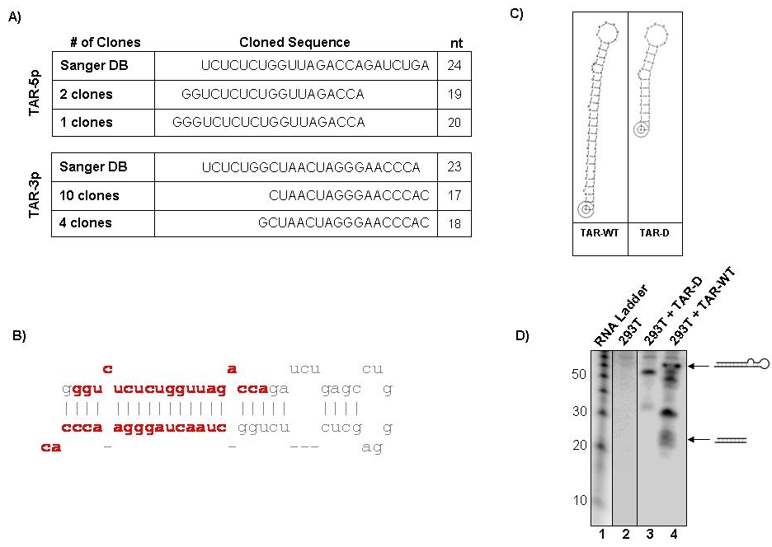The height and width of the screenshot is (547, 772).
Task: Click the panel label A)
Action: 15,17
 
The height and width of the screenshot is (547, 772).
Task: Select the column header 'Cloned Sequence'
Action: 294,42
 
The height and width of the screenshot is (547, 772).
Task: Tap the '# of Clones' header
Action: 106,42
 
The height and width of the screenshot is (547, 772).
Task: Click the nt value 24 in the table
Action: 454,65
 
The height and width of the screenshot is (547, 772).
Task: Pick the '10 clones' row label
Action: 89,196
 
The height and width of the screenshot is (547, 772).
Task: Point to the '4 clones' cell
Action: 86,222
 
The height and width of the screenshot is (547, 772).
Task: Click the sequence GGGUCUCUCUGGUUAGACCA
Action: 268,123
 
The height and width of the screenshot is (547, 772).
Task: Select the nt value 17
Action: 454,196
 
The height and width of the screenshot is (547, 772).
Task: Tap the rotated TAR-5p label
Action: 35,93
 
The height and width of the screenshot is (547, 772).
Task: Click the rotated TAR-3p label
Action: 35,194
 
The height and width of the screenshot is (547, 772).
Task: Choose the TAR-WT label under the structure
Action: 599,233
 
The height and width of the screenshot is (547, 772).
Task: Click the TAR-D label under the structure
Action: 654,233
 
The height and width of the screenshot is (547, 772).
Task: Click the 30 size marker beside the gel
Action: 580,411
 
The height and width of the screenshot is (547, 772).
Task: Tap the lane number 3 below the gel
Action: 649,534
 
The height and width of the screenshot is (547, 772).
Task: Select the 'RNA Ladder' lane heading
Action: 621,316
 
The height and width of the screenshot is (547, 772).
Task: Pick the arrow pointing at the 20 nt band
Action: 699,439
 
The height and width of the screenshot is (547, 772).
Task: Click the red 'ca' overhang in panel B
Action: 50,447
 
